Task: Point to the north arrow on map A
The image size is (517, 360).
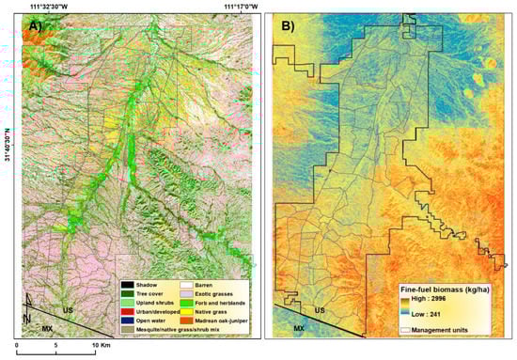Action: [x=32, y=304]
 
